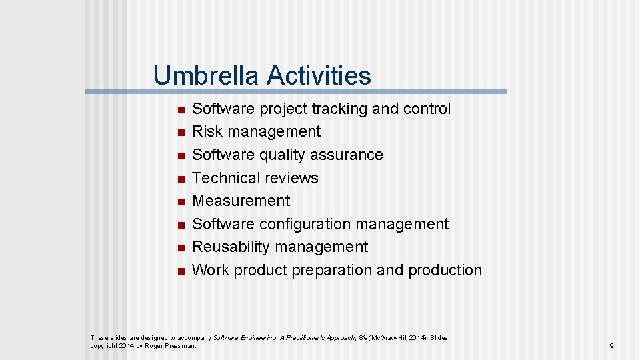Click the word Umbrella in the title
tap(207, 75)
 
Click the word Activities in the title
tap(319, 75)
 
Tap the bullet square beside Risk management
tap(179, 133)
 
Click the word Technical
tap(226, 178)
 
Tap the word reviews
tap(291, 178)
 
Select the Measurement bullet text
tap(241, 201)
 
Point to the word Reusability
tap(231, 247)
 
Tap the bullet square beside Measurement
tap(179, 202)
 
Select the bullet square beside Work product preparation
tap(179, 271)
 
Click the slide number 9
tap(611, 346)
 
